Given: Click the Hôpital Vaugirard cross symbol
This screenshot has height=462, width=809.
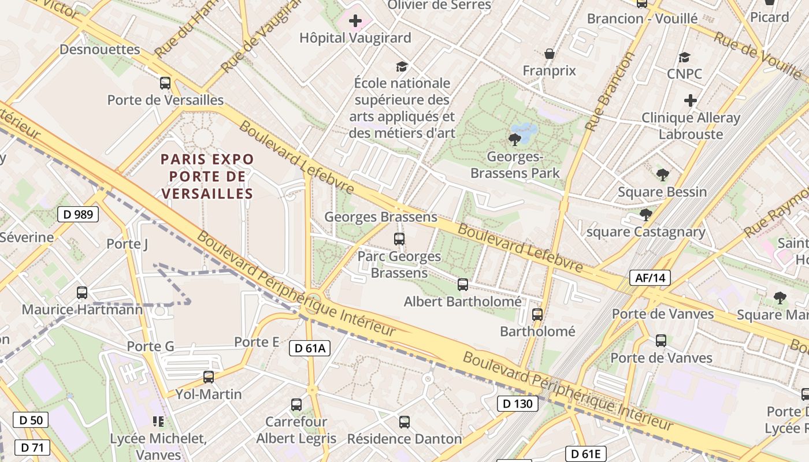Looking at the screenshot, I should (x=355, y=21).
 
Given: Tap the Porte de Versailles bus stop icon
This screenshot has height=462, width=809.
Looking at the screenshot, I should (x=165, y=83).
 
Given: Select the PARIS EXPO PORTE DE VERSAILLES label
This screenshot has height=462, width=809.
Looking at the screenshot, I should (x=207, y=176).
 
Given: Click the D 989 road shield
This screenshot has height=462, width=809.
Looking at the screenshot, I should (x=78, y=215).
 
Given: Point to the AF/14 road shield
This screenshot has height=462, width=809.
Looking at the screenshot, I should (x=650, y=278).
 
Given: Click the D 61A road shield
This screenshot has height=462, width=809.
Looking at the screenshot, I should (x=310, y=348).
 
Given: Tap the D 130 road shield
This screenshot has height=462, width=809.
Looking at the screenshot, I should (x=518, y=404).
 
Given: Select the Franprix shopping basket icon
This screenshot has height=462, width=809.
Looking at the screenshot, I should (x=550, y=54).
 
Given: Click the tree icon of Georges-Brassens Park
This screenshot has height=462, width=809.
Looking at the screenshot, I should (x=514, y=139).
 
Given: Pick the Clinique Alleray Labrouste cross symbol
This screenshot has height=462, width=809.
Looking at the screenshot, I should (x=691, y=100).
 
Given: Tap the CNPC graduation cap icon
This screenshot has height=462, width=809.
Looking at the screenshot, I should (x=685, y=57).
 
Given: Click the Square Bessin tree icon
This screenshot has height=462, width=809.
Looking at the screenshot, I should (x=663, y=174).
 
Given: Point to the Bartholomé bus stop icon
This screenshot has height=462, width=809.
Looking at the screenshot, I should (x=537, y=315).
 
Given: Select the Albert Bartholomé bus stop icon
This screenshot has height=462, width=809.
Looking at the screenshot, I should (x=463, y=284).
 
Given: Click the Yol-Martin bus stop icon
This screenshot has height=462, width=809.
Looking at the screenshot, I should (x=209, y=377).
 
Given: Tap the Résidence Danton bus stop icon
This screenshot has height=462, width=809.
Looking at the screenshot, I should (x=404, y=422).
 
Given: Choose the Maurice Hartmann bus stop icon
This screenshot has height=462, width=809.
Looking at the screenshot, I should (x=82, y=293).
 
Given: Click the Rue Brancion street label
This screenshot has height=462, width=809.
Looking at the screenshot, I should (x=610, y=91).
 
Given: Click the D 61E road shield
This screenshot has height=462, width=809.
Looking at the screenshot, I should (x=586, y=454).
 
